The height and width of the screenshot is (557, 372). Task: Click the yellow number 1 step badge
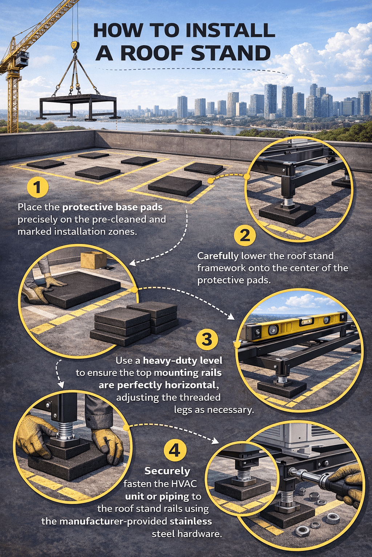(37, 187)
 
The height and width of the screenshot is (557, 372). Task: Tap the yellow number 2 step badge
(245, 235)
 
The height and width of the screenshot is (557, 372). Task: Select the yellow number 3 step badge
(207, 340)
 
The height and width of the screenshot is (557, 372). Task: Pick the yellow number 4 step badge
(175, 450)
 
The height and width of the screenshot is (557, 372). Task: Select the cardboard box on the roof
(93, 260)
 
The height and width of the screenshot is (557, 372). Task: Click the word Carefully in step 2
(218, 256)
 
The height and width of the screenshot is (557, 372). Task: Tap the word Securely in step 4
(167, 471)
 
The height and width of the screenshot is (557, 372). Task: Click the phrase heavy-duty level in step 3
(182, 360)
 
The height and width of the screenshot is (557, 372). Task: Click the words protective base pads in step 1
(112, 207)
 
